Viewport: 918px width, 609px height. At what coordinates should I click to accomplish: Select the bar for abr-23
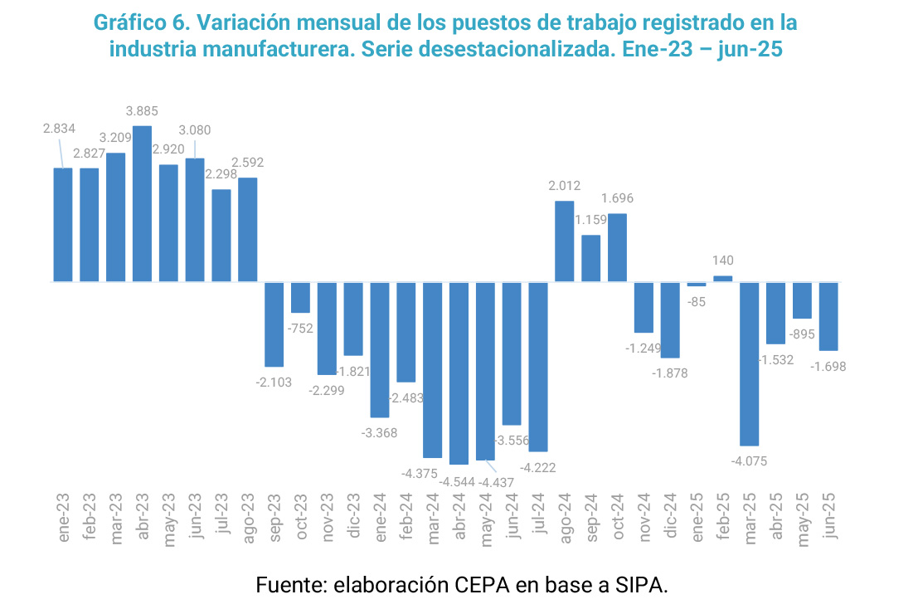point(142,204)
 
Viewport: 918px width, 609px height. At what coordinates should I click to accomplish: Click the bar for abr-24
point(459,373)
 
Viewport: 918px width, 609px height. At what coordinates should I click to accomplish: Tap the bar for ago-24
point(565,241)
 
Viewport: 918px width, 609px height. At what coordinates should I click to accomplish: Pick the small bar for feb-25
point(723,279)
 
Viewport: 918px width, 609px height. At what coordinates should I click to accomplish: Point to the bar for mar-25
point(750,364)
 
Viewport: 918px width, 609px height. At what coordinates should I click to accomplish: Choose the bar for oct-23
point(300,298)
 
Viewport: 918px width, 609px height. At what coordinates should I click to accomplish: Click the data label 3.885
point(142,110)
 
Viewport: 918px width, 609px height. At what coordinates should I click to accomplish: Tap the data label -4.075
point(750,460)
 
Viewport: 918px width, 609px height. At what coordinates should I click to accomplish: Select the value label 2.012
point(565,185)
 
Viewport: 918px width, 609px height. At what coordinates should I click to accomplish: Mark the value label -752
point(300,328)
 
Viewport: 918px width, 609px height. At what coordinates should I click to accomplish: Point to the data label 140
point(723,261)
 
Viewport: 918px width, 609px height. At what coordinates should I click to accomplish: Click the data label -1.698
point(828,366)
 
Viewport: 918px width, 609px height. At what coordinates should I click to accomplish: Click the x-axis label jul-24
point(538,518)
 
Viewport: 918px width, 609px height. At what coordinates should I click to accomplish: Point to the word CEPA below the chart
point(482,584)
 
